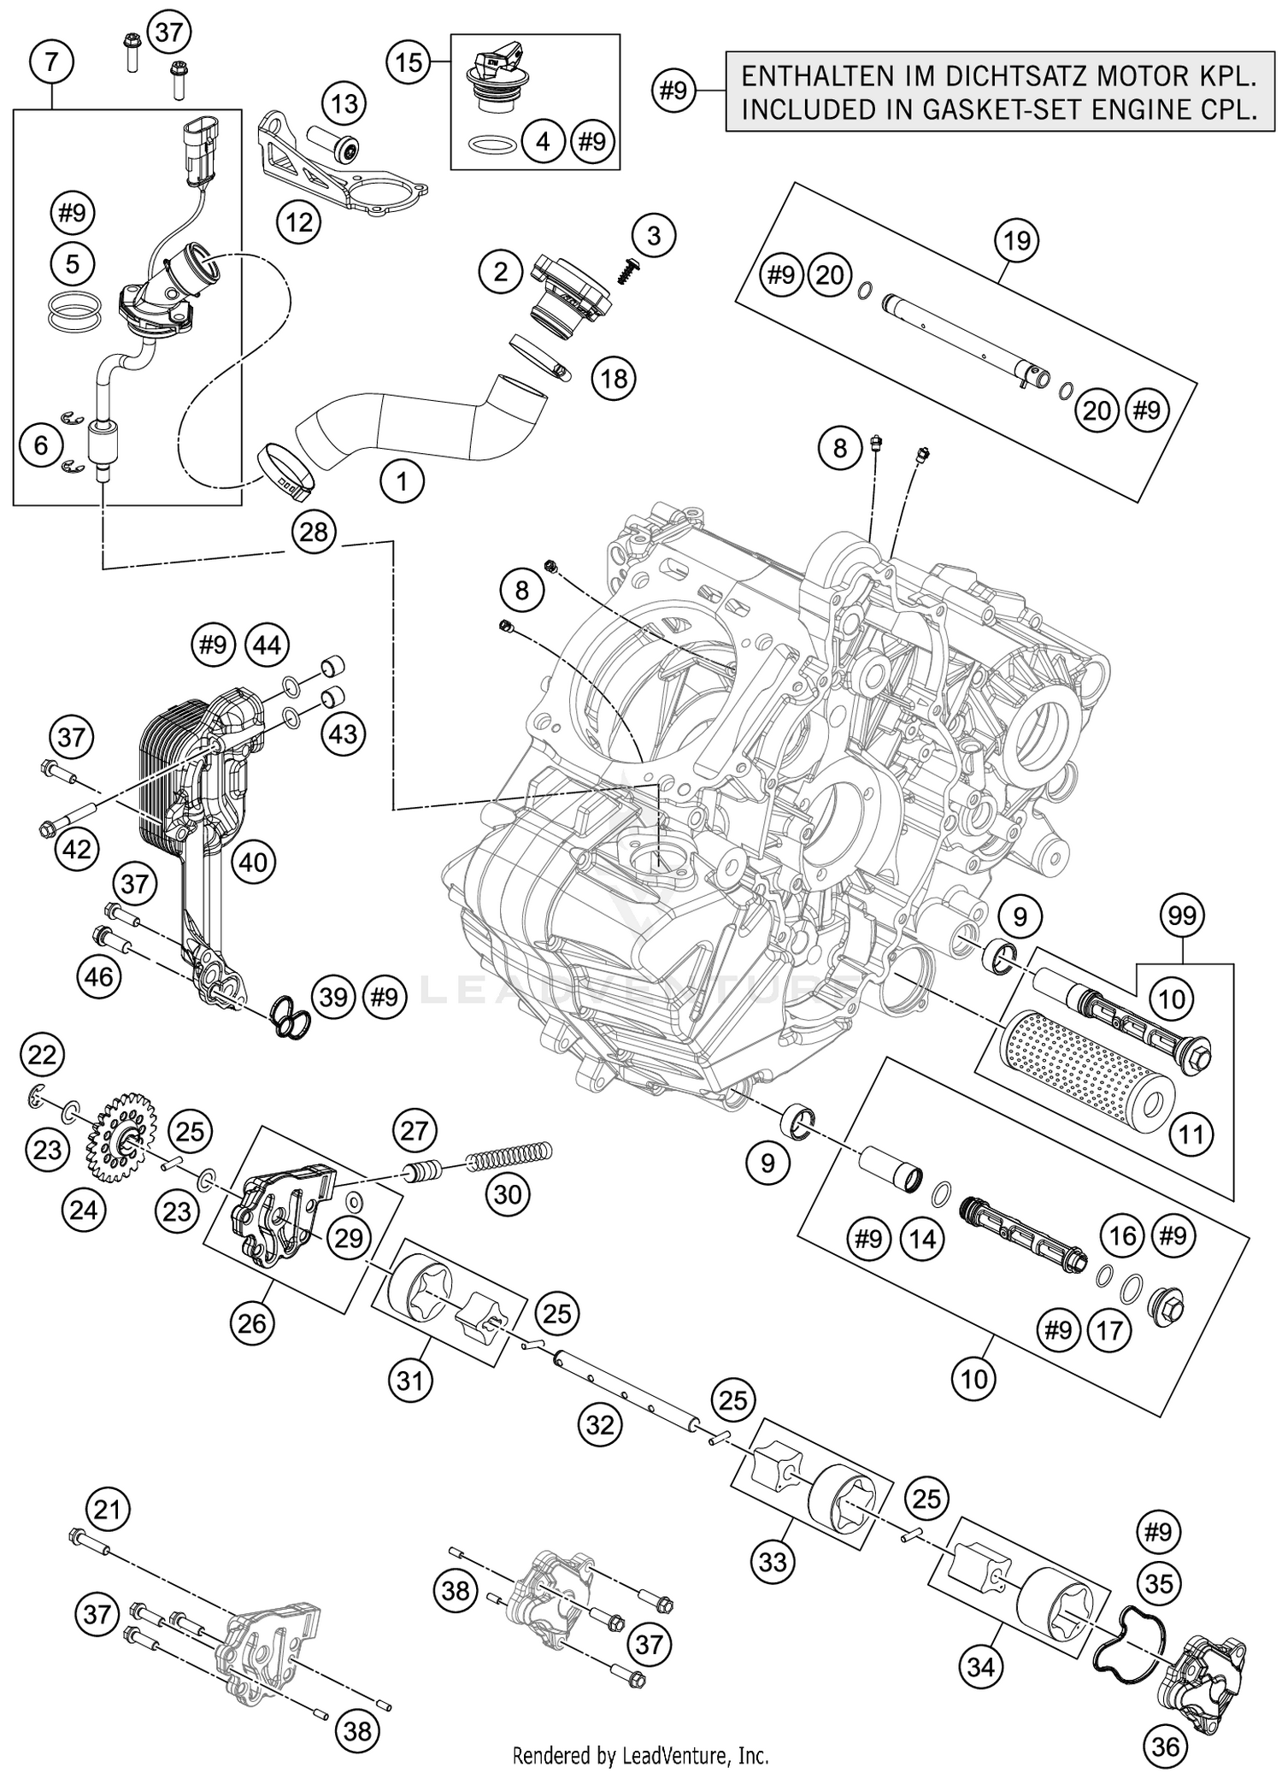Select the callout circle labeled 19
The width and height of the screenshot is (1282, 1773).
[1016, 241]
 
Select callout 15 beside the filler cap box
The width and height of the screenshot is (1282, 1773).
[409, 62]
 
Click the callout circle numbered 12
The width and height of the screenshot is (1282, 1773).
[299, 223]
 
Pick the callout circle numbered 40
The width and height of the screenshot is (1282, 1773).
[253, 863]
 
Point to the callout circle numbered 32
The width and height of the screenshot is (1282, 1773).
[601, 1425]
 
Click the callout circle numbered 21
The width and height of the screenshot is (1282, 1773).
[108, 1510]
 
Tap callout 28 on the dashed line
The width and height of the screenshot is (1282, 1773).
[314, 533]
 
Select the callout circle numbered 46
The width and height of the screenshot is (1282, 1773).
[100, 975]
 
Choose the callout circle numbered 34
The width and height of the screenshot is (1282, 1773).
[981, 1666]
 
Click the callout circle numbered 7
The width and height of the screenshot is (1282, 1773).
[51, 62]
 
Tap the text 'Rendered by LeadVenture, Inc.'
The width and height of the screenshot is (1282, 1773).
[640, 1756]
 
